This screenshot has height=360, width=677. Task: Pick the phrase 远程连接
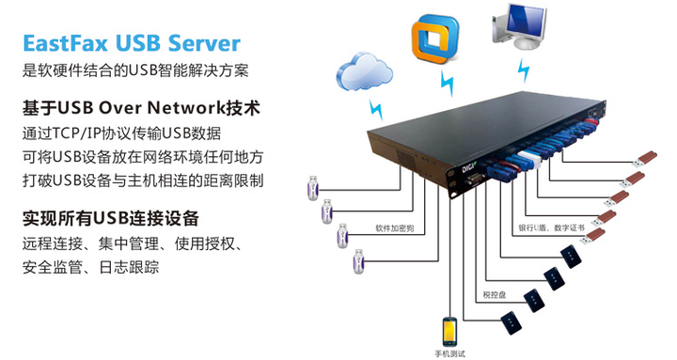[51, 245]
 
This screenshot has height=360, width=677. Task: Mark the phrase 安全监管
[51, 269]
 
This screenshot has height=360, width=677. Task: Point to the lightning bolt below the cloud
[376, 105]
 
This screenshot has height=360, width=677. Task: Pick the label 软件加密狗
[394, 228]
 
